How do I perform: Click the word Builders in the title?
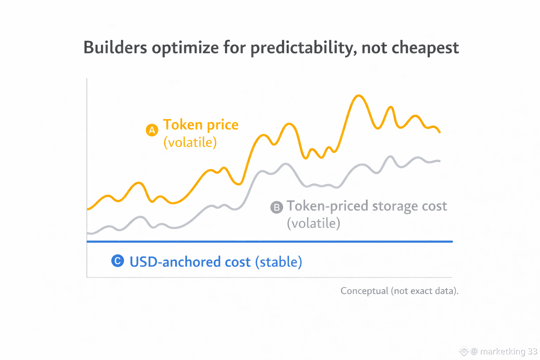115,47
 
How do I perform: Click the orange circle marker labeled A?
152,130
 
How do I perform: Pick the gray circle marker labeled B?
277,207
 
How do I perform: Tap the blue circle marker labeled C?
117,261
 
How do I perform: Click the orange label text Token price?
201,125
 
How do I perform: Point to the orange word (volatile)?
190,142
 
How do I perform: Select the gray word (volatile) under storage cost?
314,223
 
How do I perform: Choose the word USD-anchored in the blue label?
190,262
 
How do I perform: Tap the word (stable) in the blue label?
278,262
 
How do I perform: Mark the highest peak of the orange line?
359,96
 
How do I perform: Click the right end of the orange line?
439,132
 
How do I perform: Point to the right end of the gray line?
439,161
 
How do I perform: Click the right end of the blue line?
452,242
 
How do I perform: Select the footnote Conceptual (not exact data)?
399,291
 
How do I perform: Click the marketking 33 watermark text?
508,351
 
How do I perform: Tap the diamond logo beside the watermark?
464,351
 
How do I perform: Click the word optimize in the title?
185,48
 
